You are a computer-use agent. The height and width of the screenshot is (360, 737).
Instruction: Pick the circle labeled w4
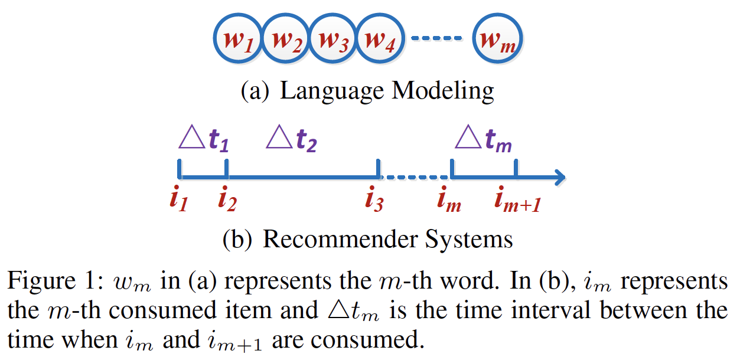point(380,39)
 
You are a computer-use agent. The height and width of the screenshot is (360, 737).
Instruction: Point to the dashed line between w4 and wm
point(435,39)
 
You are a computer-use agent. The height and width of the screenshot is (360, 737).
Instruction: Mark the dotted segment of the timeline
point(414,176)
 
